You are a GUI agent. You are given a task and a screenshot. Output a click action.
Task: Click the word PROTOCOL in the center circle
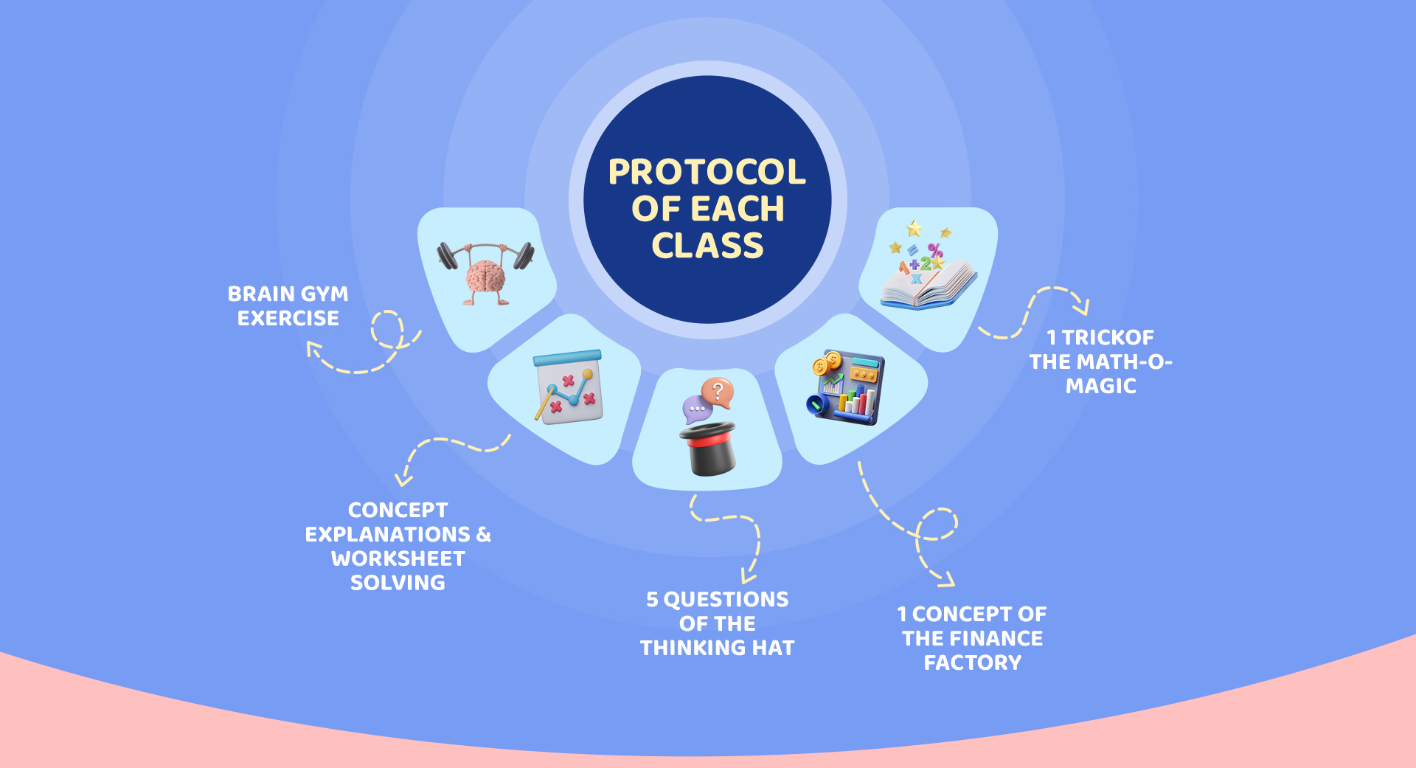point(707,172)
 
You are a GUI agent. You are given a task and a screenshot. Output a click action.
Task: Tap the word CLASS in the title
point(707,246)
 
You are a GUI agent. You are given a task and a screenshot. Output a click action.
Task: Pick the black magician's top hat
point(708,449)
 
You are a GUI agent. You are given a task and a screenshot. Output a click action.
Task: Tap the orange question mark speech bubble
point(718,392)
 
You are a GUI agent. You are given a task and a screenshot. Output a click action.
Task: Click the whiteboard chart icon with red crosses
point(569,387)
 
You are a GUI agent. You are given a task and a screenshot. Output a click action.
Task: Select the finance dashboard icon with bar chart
point(847,388)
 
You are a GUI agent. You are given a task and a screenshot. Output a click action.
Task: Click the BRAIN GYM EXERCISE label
point(288,306)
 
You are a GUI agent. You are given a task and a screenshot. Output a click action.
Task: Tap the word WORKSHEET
point(398,558)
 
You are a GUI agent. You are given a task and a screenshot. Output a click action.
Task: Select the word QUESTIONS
point(726,600)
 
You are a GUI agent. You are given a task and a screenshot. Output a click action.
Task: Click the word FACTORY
point(973,663)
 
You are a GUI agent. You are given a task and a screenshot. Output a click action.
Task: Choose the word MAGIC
point(1101,386)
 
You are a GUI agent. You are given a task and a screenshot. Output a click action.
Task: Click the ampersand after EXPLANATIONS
point(484,534)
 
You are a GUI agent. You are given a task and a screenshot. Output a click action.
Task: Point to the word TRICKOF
point(1108,337)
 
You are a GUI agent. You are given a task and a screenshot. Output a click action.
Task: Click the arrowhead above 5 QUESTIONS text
point(749,576)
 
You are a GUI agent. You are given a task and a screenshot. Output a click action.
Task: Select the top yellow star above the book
point(914,227)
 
